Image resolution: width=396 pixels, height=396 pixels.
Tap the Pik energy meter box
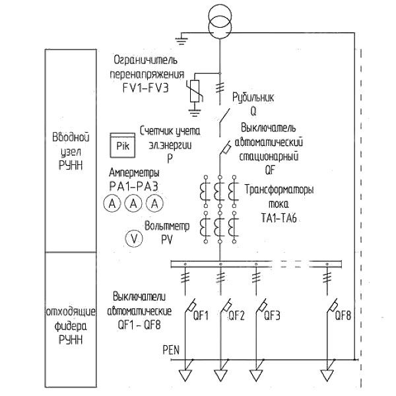pos(123,145)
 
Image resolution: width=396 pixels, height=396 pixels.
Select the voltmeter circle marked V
pos(134,238)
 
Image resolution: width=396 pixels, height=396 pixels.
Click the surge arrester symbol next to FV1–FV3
pos(195,91)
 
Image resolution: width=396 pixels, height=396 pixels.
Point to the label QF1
pos(201,315)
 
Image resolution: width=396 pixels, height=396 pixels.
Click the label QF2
pos(236,315)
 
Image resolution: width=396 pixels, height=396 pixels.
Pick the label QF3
pos(272,315)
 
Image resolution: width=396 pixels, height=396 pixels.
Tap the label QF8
pos(343,315)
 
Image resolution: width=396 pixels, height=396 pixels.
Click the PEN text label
pos(171,350)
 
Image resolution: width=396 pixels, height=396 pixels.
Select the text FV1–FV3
pos(145,88)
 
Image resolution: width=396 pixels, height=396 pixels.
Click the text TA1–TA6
pos(279,218)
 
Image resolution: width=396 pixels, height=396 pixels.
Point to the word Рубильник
pos(253,98)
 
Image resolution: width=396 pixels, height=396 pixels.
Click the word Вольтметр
pos(167,226)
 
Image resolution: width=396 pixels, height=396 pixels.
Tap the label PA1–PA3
pos(133,186)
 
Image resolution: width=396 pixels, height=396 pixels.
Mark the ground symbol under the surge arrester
pos(195,112)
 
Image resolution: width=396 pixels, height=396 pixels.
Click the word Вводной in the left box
pos(71,137)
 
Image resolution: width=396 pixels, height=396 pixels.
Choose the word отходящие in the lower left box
pos(71,312)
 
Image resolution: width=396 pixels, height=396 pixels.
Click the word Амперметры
pos(134,173)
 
